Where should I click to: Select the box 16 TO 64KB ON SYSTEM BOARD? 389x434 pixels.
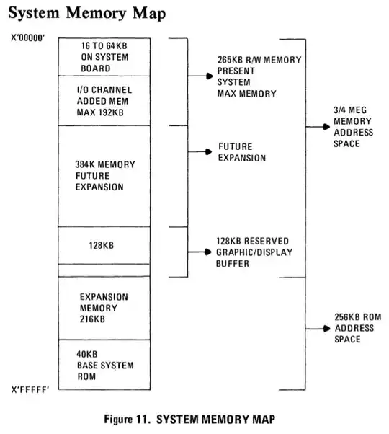point(105,57)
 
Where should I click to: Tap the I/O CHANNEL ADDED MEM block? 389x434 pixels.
point(105,100)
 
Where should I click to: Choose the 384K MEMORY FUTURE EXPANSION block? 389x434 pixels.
point(105,176)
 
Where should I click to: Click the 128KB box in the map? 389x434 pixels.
point(105,245)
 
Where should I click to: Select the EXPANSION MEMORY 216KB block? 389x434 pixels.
point(105,307)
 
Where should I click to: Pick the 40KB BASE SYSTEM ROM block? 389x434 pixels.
point(105,365)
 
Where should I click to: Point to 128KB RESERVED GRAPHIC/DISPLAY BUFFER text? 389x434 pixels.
point(253,252)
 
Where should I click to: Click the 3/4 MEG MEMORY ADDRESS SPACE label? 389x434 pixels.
point(352,127)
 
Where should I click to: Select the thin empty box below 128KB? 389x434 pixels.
point(105,270)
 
